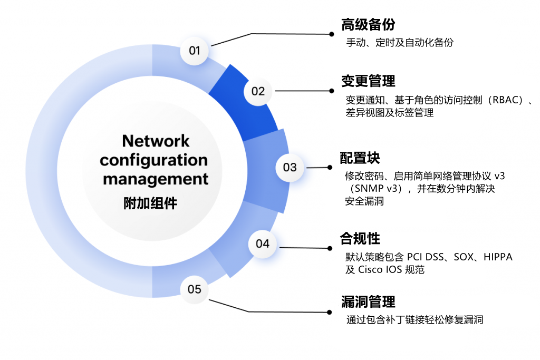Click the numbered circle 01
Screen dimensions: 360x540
tap(195, 51)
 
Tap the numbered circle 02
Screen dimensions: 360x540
tap(258, 91)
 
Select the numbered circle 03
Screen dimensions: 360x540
tap(290, 168)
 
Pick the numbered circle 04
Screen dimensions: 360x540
tap(263, 244)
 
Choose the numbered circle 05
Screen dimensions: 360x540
tap(195, 289)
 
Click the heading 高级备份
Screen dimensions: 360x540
tap(368, 25)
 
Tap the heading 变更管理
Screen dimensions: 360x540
tap(368, 81)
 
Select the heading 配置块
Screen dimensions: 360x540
tap(360, 158)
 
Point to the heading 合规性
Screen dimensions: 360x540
tap(360, 238)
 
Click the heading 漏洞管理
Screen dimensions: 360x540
tap(368, 302)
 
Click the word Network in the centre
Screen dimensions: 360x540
tap(156, 141)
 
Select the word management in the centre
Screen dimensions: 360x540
tap(156, 179)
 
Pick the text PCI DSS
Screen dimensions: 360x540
tap(426, 257)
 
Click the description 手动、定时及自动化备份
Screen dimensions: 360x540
tap(399, 43)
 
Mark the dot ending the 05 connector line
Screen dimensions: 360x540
tap(331, 313)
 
